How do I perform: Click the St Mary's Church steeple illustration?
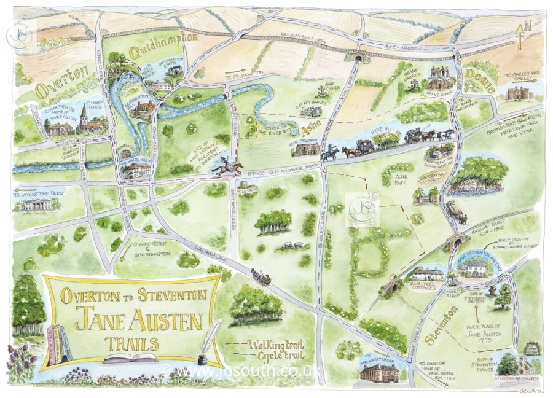pos(83,120)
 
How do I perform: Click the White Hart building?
pos(136,170)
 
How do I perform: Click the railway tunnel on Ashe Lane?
pos(358,58)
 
